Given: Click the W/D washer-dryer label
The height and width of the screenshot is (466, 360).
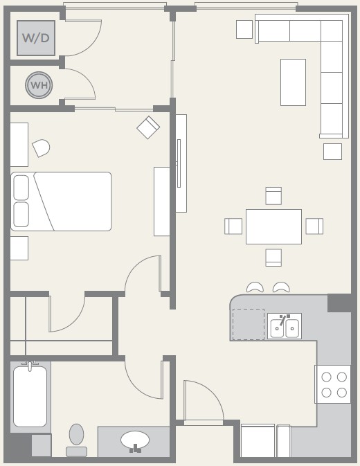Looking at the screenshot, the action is tap(35, 38).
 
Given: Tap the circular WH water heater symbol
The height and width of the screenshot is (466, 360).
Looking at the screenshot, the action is tap(39, 85).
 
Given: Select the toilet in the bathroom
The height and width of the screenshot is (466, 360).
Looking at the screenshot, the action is tap(76, 440).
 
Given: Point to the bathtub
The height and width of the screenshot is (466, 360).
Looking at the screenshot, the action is tap(30, 397).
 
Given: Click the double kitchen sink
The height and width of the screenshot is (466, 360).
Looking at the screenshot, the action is tap(285, 326).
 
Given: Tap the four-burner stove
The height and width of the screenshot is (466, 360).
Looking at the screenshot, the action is tap(333, 384).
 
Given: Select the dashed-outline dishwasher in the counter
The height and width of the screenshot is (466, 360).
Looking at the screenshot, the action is tap(249, 324).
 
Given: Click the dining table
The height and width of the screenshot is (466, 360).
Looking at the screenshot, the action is tap(273, 226).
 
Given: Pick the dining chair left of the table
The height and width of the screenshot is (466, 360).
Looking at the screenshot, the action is tap(233, 226).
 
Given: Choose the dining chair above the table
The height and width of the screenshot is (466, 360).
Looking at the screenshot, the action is tap(273, 196).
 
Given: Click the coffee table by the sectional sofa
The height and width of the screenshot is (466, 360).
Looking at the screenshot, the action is tap(293, 82).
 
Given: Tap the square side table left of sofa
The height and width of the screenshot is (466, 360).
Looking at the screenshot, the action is tap(244, 29).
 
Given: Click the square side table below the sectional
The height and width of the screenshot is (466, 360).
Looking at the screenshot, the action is tap(333, 152).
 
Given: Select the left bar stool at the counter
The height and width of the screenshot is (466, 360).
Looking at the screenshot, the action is tap(255, 287).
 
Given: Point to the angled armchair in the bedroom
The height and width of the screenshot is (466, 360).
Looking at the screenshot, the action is tap(148, 127).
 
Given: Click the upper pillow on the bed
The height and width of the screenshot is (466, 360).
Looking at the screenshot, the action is tap(21, 188).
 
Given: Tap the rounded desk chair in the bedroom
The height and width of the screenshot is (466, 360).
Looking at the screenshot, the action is tap(41, 147).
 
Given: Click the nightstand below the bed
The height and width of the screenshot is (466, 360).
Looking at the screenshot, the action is tap(19, 248).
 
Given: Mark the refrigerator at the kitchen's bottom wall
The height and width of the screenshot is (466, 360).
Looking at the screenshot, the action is tap(258, 441).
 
